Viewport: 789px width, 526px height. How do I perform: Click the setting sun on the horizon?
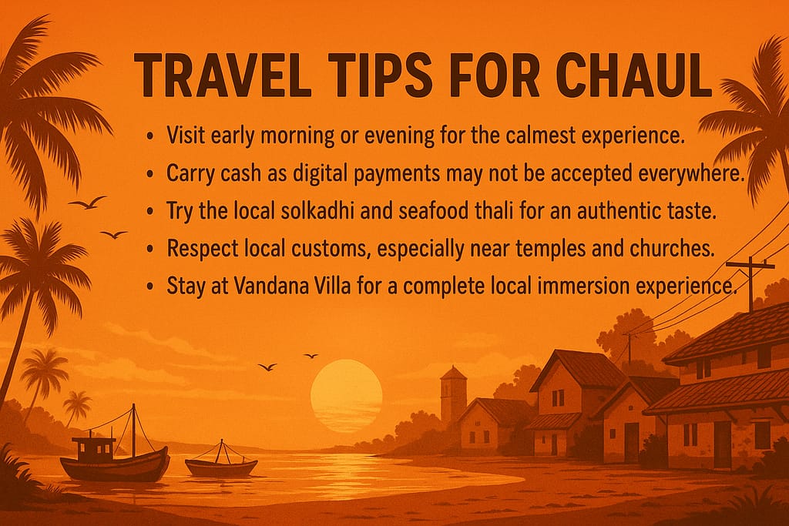point(347,394)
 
